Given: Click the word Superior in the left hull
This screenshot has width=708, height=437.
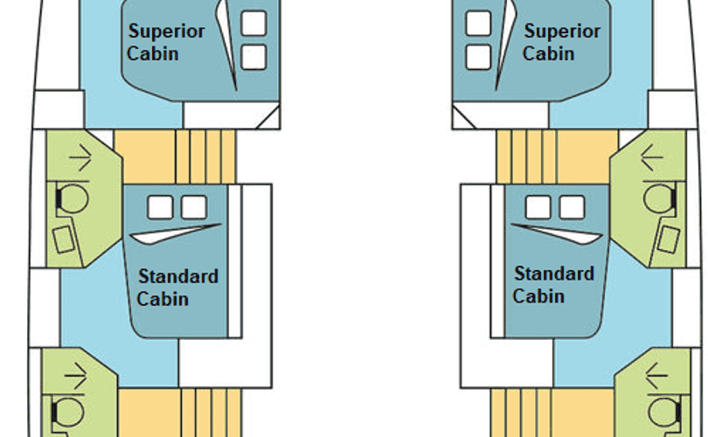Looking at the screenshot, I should [167, 31].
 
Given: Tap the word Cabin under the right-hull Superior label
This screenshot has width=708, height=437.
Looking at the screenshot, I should [549, 53].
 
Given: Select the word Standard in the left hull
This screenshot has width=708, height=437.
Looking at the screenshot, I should [178, 277].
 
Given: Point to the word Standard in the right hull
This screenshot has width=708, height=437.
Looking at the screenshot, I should [554, 274].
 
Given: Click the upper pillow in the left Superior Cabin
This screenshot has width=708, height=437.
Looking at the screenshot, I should [253, 24].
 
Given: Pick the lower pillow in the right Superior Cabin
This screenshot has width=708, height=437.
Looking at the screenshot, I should [478, 56].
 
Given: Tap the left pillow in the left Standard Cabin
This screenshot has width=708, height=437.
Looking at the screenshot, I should [160, 207].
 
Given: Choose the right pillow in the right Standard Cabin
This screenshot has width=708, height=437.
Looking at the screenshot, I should [571, 207].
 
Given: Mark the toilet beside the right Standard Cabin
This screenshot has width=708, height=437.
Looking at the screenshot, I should [658, 198].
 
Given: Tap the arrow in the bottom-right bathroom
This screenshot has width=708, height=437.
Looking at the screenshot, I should [656, 378].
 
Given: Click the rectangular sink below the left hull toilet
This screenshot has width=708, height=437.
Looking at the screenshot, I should [63, 238].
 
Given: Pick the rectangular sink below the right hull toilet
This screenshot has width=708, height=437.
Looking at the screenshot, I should [669, 237].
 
